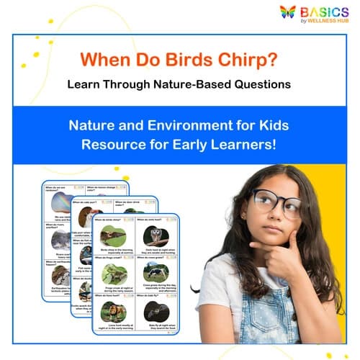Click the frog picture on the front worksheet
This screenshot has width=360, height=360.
click(114, 273)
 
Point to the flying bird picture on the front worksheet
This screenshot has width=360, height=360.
click(113, 235)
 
